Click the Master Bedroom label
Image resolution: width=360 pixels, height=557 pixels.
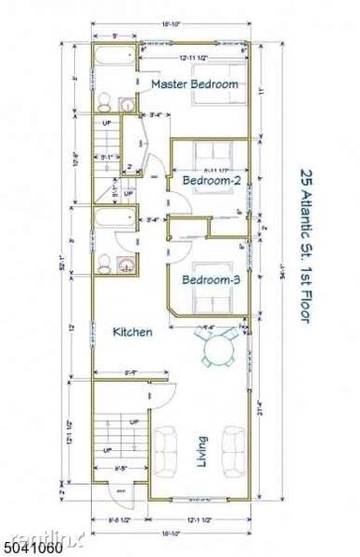(194, 84)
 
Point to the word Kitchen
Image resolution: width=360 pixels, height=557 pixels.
(132, 332)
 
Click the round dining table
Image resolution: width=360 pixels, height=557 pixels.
(217, 351)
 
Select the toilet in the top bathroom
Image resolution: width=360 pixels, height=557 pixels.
(104, 102)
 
